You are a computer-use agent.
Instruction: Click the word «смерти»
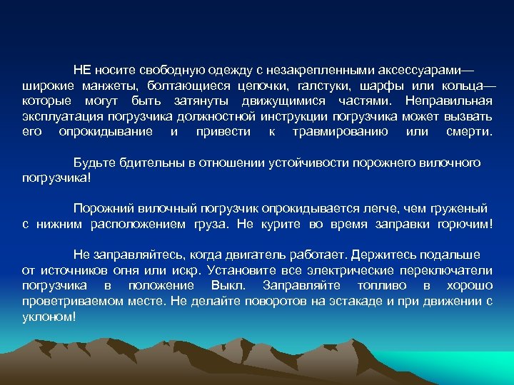pyautogui.click(x=468, y=132)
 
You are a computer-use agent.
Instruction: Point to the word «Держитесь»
pyautogui.click(x=392, y=255)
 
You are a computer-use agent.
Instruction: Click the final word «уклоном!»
pyautogui.click(x=49, y=316)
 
